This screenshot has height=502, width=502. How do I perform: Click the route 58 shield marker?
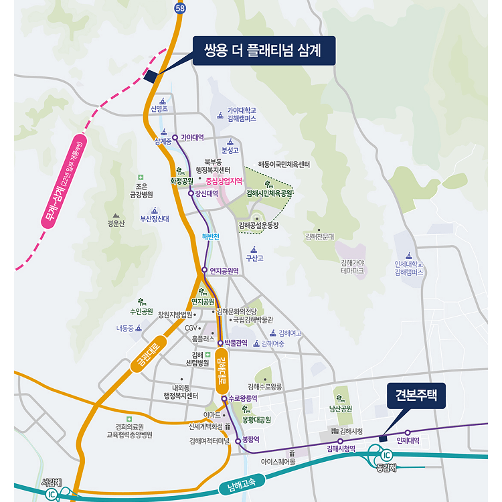[179, 7]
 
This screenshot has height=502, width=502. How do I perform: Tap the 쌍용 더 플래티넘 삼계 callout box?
[263, 50]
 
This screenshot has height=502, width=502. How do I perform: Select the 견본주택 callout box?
[416, 395]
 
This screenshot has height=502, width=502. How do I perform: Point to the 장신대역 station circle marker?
[191, 193]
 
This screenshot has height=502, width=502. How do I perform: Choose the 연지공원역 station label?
[224, 270]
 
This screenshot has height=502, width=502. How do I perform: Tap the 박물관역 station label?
[236, 343]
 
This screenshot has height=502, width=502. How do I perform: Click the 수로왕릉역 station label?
[243, 398]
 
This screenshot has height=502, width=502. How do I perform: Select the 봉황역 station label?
[250, 440]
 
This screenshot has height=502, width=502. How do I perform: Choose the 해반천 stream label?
[211, 236]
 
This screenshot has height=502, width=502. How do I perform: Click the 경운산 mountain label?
[116, 224]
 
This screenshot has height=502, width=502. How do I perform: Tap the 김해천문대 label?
[319, 236]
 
